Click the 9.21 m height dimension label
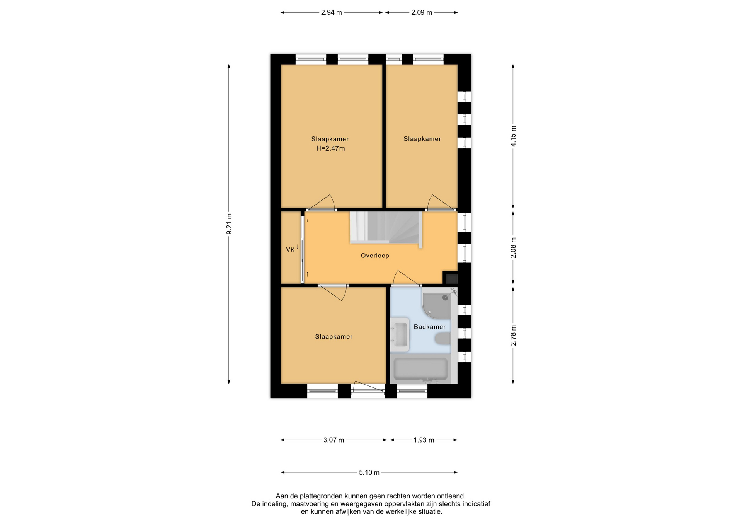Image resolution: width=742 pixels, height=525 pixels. tap(229, 224)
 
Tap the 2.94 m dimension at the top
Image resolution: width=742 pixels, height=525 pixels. tap(332, 12)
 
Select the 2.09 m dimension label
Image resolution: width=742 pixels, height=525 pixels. tap(422, 12)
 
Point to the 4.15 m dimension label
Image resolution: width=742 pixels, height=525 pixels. tap(513, 136)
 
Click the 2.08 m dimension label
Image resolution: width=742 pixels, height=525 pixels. tap(513, 248)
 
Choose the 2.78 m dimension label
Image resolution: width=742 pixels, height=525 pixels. tap(513, 336)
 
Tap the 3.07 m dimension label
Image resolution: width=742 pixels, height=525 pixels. tap(334, 440)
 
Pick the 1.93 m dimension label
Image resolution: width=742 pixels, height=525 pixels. tap(424, 440)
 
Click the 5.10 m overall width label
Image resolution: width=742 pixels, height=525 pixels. tap(369, 472)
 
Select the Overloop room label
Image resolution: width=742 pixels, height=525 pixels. tap(375, 256)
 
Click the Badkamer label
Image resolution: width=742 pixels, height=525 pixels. tap(430, 327)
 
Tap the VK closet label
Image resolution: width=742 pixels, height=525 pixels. tap(290, 250)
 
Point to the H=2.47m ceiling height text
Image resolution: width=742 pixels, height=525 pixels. tap(330, 148)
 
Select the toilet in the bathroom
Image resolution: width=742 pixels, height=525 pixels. tap(443, 339)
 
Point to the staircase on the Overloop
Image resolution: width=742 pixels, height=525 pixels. tap(386, 228)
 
